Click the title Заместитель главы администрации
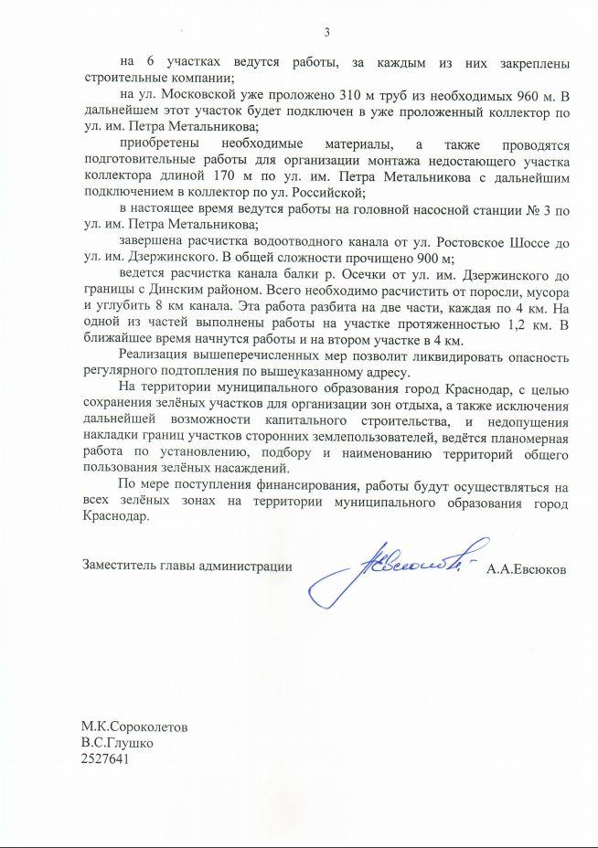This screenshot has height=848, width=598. coord(187,567)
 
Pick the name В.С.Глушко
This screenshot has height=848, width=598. coord(116,743)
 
